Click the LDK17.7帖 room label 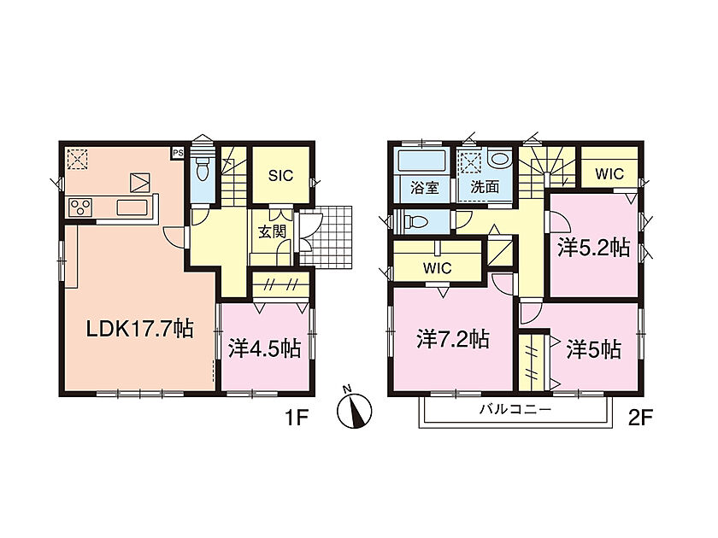(x=140, y=329)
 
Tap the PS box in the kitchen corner (x=178, y=153)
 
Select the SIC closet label (x=280, y=176)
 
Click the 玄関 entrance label (x=273, y=232)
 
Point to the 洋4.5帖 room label (x=265, y=349)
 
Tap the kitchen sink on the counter (x=133, y=208)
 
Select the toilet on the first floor (x=202, y=170)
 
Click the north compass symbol (x=354, y=408)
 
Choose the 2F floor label (x=639, y=418)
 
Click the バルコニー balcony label (x=515, y=409)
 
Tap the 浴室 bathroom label (x=425, y=187)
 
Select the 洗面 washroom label (x=485, y=187)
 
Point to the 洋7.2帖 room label (x=453, y=340)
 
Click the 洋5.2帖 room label (x=593, y=248)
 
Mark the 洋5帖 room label (x=593, y=350)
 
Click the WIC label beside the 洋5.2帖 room (x=609, y=174)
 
